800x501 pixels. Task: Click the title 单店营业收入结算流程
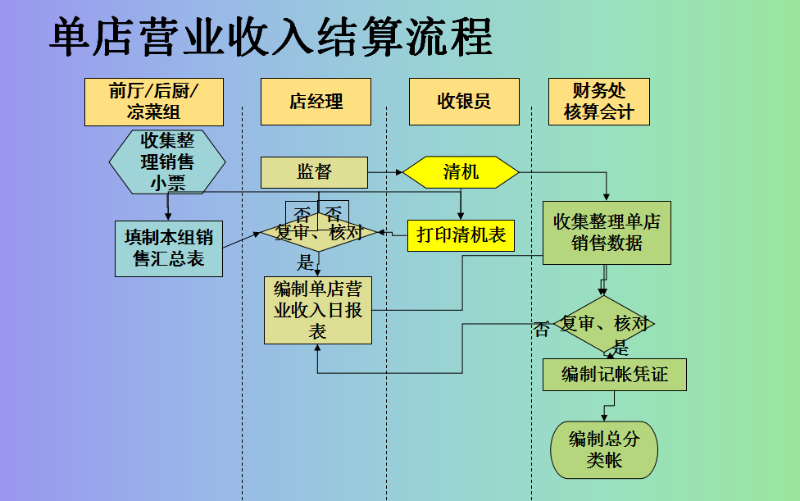[x=270, y=39]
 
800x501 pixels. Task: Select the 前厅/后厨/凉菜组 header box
[x=154, y=102]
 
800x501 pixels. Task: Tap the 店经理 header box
[x=316, y=102]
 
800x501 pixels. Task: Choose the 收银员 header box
[x=464, y=102]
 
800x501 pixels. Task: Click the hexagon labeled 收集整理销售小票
[x=167, y=161]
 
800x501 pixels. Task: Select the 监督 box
[x=314, y=172]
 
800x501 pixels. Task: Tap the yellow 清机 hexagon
[x=461, y=172]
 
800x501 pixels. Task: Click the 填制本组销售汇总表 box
[x=169, y=248]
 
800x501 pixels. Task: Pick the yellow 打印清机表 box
[x=460, y=235]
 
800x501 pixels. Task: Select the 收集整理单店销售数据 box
[x=607, y=233]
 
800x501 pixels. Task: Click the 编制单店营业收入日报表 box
[x=317, y=310]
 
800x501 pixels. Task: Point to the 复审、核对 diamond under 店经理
[x=318, y=233]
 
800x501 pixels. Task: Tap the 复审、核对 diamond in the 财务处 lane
[x=605, y=324]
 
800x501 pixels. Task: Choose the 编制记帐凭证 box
[x=614, y=376]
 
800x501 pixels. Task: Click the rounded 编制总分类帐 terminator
[x=604, y=449]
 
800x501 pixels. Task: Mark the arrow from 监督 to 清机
[x=385, y=173]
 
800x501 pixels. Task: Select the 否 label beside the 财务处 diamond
[x=542, y=330]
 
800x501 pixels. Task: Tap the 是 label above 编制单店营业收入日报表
[x=306, y=263]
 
